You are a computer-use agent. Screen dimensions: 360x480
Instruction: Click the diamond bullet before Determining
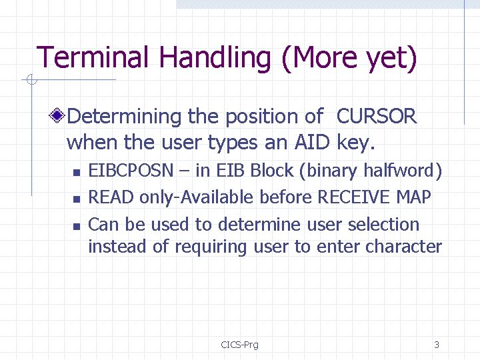click(59, 117)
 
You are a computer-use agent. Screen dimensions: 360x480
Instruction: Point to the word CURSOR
click(377, 117)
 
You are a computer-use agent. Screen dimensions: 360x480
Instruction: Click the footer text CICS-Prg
click(239, 345)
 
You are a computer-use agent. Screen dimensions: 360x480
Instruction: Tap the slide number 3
click(436, 345)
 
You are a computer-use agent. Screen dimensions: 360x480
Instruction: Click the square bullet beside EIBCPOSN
click(77, 173)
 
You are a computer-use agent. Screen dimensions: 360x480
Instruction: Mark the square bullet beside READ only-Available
click(77, 199)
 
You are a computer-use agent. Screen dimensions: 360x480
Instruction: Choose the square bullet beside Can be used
click(77, 226)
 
